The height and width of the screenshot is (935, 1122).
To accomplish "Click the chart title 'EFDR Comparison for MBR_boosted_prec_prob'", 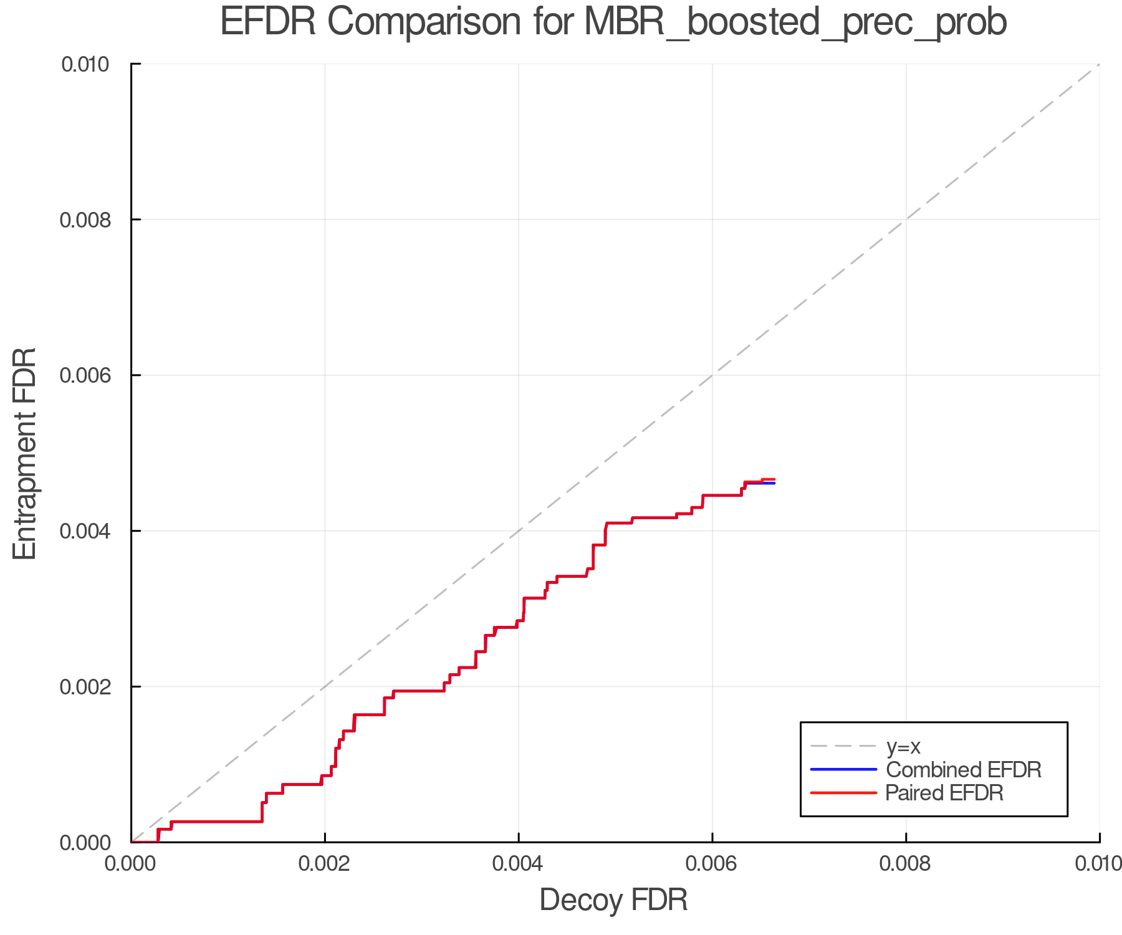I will pyautogui.click(x=613, y=22).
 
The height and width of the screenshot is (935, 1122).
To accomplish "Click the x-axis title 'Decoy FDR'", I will pyautogui.click(x=613, y=899).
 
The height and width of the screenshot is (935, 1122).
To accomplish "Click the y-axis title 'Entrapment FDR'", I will pyautogui.click(x=25, y=453).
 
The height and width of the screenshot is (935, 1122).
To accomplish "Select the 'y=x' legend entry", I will pyautogui.click(x=903, y=746).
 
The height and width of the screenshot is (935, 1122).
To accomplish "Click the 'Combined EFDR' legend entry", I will pyautogui.click(x=963, y=770).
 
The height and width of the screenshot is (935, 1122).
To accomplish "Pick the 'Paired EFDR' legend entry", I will pyautogui.click(x=944, y=793).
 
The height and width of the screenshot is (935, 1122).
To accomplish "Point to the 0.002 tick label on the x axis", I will pyautogui.click(x=325, y=863).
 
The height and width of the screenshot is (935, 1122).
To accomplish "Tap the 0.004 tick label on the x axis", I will pyautogui.click(x=519, y=863).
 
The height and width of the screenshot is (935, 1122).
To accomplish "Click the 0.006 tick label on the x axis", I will pyautogui.click(x=712, y=863).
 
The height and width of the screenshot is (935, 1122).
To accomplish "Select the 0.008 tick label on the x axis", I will pyautogui.click(x=906, y=863).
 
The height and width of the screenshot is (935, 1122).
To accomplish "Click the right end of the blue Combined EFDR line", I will pyautogui.click(x=774, y=484).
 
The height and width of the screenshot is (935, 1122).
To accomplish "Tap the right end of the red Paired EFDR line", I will pyautogui.click(x=774, y=479).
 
